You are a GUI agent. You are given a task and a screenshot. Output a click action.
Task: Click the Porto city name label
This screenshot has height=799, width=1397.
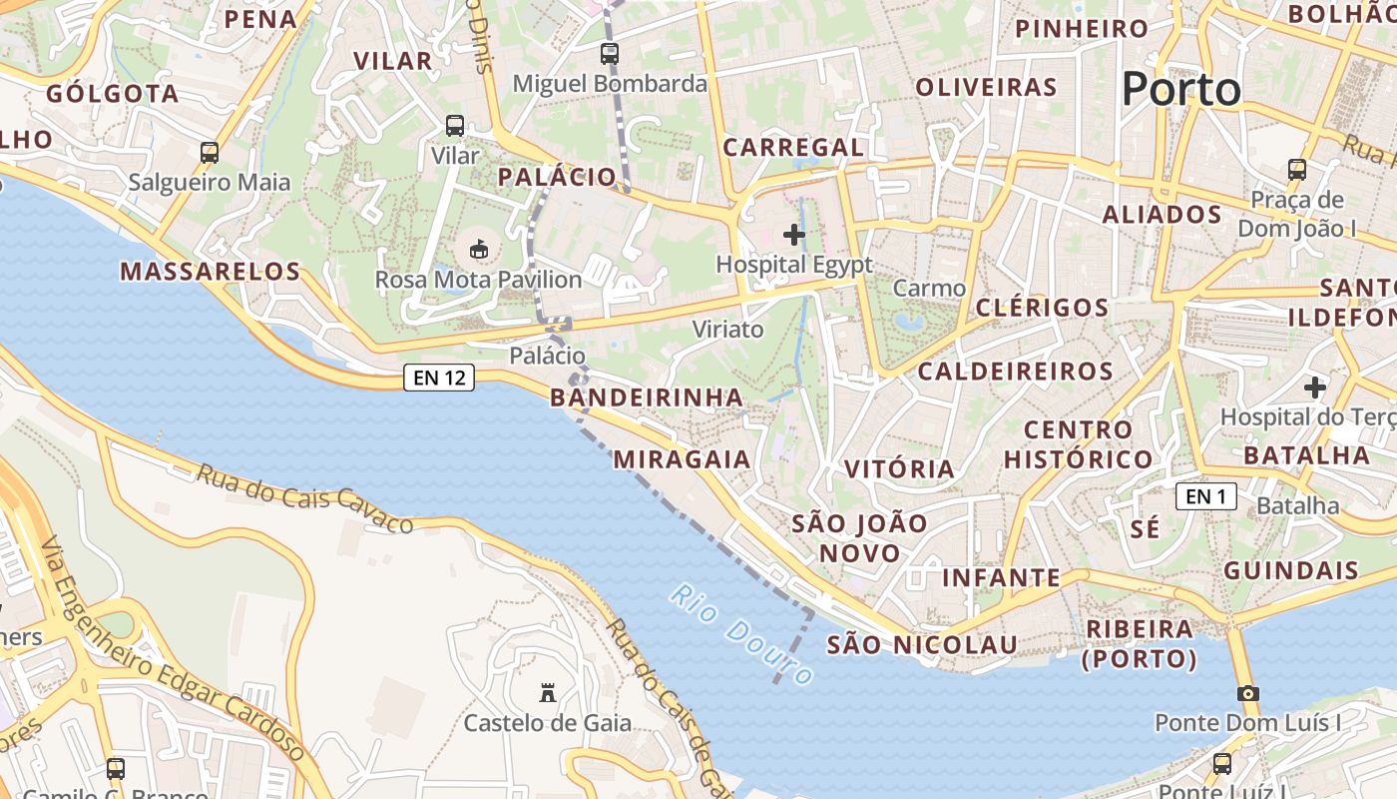1181,90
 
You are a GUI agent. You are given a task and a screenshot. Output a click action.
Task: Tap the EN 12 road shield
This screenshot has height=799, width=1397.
439,378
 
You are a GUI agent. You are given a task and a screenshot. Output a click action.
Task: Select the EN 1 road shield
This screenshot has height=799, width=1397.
1205,495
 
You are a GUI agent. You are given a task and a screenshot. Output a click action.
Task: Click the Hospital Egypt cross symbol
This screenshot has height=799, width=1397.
794,235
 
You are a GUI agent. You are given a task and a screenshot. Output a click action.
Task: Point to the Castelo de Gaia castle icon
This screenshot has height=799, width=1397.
547,692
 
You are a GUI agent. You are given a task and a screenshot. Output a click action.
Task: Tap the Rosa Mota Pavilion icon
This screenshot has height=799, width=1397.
478,248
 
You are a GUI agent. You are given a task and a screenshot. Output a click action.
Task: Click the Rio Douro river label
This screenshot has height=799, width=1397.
741,634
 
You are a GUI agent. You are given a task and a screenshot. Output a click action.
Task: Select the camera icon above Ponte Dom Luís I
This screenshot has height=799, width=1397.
1247,693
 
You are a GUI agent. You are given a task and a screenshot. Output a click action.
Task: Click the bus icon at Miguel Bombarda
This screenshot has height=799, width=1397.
610,54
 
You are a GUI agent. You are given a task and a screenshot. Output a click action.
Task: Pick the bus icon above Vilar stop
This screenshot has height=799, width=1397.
455,126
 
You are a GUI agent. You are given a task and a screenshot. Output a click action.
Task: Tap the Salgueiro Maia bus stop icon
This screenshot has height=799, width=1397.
210,153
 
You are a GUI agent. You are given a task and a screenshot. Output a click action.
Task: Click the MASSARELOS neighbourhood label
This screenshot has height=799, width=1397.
210,271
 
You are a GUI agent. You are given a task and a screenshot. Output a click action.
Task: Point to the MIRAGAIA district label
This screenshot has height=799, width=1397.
682,458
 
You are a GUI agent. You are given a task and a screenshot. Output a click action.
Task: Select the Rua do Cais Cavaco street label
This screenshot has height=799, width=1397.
304,498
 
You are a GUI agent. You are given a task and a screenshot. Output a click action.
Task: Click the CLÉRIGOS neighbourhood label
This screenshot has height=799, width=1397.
1042,307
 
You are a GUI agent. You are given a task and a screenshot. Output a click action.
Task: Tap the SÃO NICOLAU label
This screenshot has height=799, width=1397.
922,645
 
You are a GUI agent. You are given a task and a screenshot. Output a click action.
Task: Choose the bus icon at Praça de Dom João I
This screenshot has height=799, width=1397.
1297,170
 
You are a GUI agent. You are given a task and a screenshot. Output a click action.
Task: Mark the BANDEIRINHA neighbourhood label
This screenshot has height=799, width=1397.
647,398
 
